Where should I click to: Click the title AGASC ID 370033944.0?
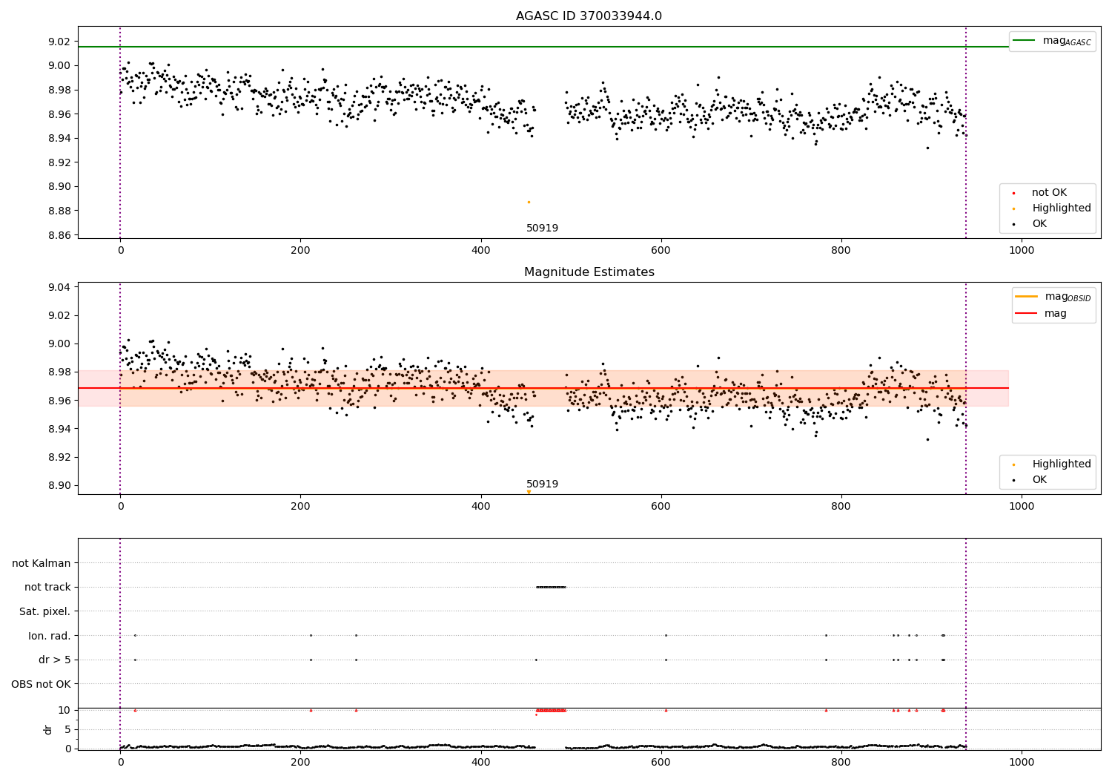tap(589, 16)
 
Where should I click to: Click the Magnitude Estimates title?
tap(589, 272)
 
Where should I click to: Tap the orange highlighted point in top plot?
tap(529, 202)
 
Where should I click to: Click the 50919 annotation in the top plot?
tap(542, 229)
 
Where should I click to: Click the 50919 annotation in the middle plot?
tap(542, 484)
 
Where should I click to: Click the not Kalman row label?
tap(42, 563)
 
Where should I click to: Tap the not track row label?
tap(47, 588)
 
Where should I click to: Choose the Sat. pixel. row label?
tap(44, 611)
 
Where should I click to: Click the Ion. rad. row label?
tap(50, 636)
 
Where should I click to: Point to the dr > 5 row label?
tap(55, 660)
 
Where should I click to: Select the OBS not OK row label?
tap(42, 684)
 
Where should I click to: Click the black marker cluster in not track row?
tap(551, 587)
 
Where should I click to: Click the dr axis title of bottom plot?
tap(48, 729)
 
